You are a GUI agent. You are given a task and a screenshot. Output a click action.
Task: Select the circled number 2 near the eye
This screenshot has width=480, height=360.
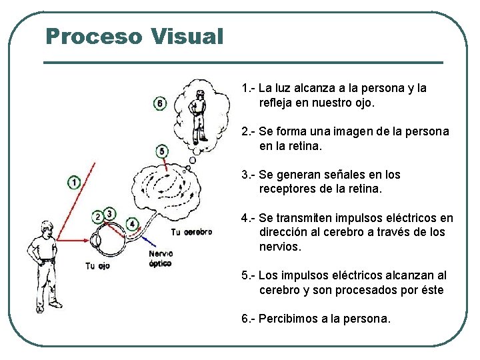[99, 216]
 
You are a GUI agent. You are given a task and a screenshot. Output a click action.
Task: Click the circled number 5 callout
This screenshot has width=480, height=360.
[162, 151]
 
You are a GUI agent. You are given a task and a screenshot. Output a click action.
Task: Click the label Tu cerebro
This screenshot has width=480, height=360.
[191, 233]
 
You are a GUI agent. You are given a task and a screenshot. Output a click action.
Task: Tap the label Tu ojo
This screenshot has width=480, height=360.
[97, 266]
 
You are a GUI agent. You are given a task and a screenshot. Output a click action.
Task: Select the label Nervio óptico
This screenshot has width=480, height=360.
[160, 259]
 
